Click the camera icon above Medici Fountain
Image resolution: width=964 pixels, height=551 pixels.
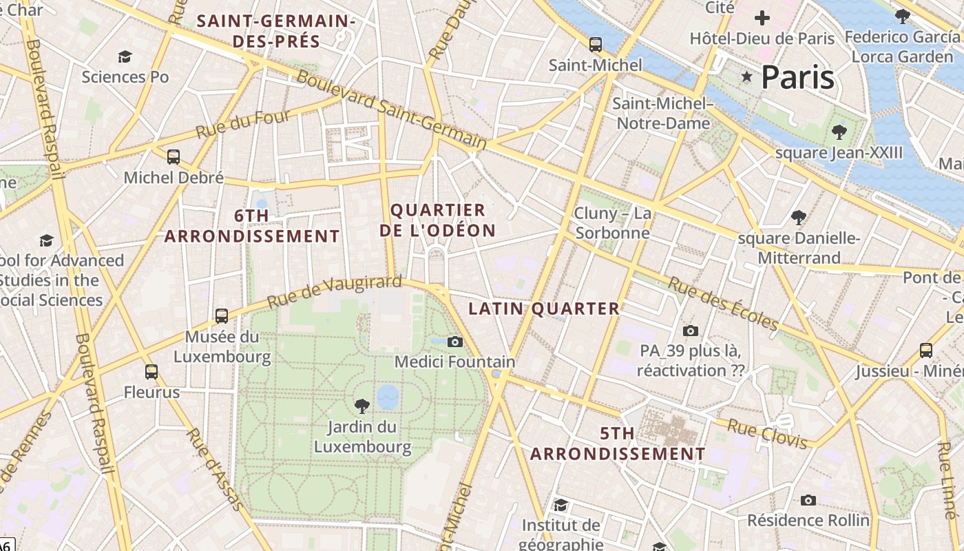coord(454,342)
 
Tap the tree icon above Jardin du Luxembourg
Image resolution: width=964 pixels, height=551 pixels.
coord(361,406)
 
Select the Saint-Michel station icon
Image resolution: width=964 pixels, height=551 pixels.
coord(596,45)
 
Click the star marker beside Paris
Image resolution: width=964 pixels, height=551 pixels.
coord(746,76)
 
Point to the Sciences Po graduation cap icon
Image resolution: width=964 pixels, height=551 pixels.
coord(125,56)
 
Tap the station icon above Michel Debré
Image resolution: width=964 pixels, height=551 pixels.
coord(174,157)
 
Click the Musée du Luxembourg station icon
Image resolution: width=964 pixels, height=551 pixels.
coord(222,316)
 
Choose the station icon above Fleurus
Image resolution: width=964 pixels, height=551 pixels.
coord(151,372)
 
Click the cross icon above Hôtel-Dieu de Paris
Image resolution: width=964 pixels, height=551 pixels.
coord(762,18)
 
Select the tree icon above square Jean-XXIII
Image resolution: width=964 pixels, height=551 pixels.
coord(839,132)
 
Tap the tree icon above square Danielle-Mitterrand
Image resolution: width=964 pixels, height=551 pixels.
coord(799,218)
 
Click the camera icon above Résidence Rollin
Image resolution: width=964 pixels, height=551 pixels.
coord(808,500)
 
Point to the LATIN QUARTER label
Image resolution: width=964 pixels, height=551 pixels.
coord(544,309)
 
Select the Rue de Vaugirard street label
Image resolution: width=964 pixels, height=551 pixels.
coord(334,292)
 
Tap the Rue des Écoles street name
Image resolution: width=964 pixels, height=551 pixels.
coord(723,304)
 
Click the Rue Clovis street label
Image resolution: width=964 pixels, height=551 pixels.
coord(767,433)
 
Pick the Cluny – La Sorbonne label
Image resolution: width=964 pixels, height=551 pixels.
coord(613,223)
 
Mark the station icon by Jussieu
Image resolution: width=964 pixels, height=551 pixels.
coord(926,350)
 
